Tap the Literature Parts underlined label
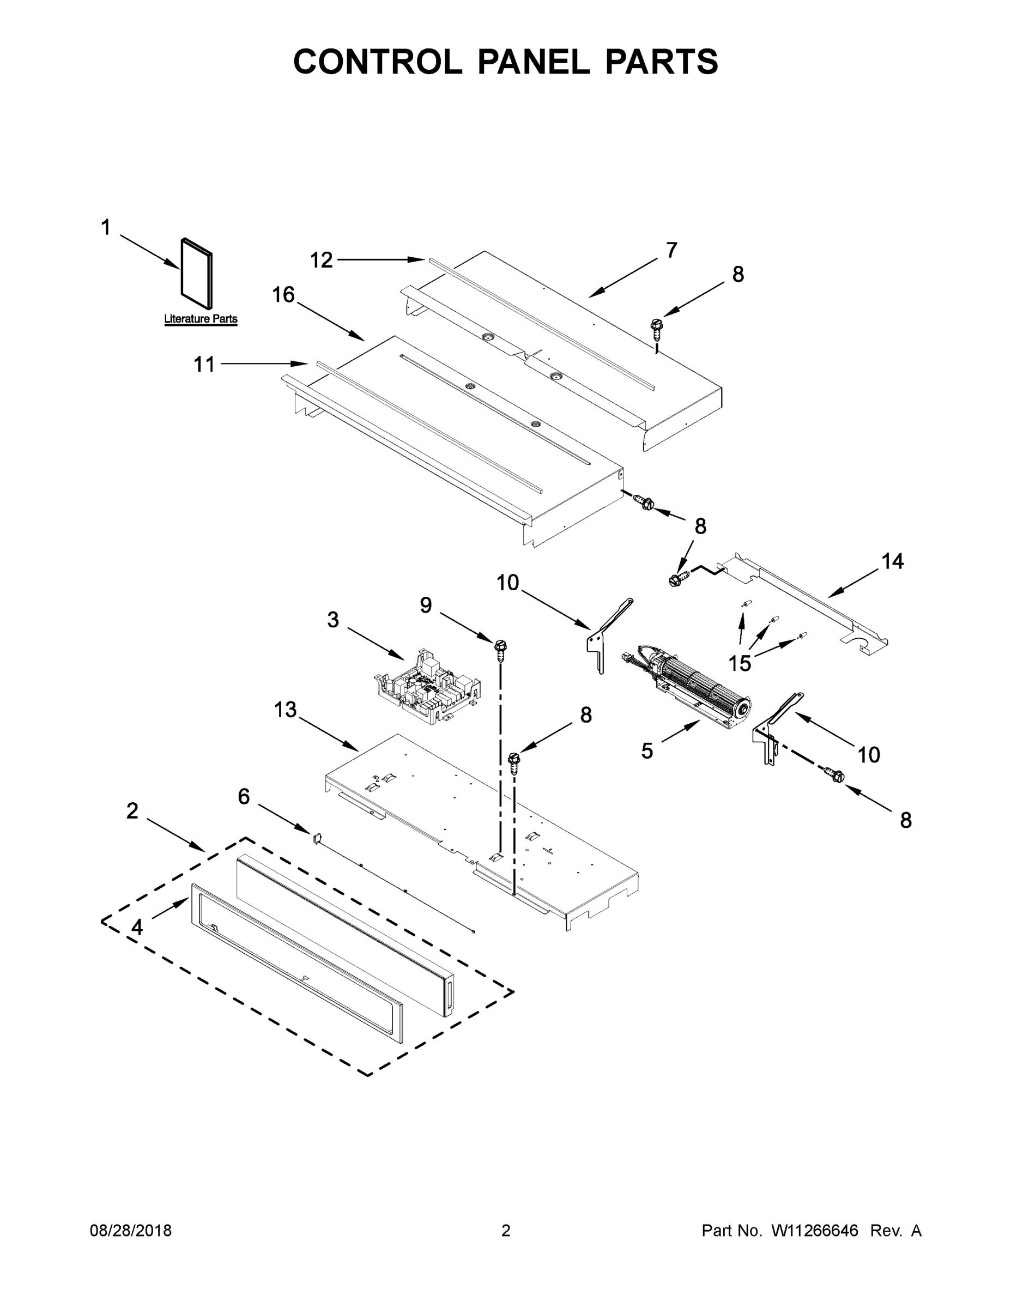(x=201, y=319)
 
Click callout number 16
(x=283, y=295)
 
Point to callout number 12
(x=321, y=260)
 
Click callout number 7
(x=671, y=250)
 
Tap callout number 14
(x=892, y=561)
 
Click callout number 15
(x=740, y=663)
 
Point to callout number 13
(x=285, y=710)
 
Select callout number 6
(x=244, y=797)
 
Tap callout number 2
(x=132, y=811)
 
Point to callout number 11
(x=204, y=364)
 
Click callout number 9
(x=425, y=605)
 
